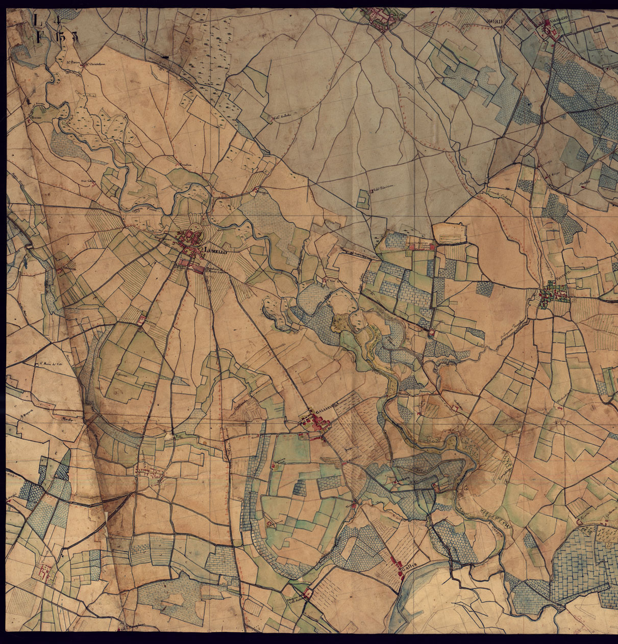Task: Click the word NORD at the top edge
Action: click(x=495, y=21)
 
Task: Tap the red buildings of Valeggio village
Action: click(x=551, y=33)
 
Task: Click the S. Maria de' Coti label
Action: click(x=51, y=364)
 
